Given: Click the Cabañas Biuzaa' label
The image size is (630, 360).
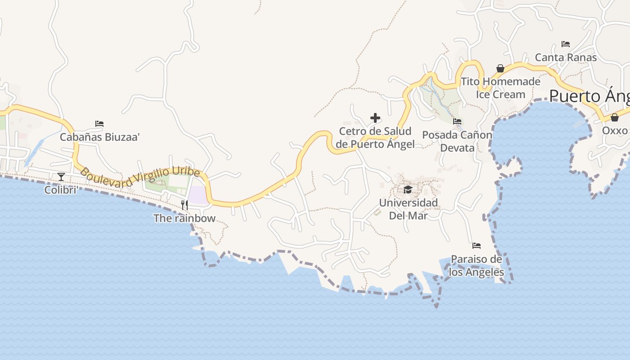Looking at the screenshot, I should (100, 137).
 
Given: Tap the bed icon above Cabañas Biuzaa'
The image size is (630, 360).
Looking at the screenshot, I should (99, 124).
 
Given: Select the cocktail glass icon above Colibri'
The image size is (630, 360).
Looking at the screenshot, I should (61, 176).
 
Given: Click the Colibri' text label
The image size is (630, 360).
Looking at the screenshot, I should (61, 190).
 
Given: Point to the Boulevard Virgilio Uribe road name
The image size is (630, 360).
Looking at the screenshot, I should (139, 177).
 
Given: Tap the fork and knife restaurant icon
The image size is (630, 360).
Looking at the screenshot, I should (184, 205).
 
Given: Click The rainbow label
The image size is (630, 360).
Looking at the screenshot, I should (184, 219).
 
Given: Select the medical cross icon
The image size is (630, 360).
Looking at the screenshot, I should (375, 118).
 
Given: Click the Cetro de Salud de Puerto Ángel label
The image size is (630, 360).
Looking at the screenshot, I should (375, 138).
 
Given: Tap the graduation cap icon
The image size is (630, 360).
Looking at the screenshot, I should (408, 189).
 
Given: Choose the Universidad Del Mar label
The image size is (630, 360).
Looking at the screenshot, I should (408, 209).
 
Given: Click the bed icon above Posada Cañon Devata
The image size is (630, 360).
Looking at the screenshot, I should (457, 121).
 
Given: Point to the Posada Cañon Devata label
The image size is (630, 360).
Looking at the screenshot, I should (457, 141).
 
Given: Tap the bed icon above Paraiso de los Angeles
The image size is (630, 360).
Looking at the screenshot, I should (477, 246).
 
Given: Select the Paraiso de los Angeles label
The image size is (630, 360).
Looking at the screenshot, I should (477, 266).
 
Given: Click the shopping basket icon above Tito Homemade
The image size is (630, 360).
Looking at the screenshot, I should (500, 68).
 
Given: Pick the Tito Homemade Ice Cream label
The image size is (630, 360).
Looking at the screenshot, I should (500, 88).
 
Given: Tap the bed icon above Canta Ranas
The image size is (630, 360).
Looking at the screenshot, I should (566, 44).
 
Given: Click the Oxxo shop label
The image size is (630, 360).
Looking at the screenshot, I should (615, 130).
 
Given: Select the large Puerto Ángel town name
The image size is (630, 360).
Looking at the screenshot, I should (589, 96).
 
